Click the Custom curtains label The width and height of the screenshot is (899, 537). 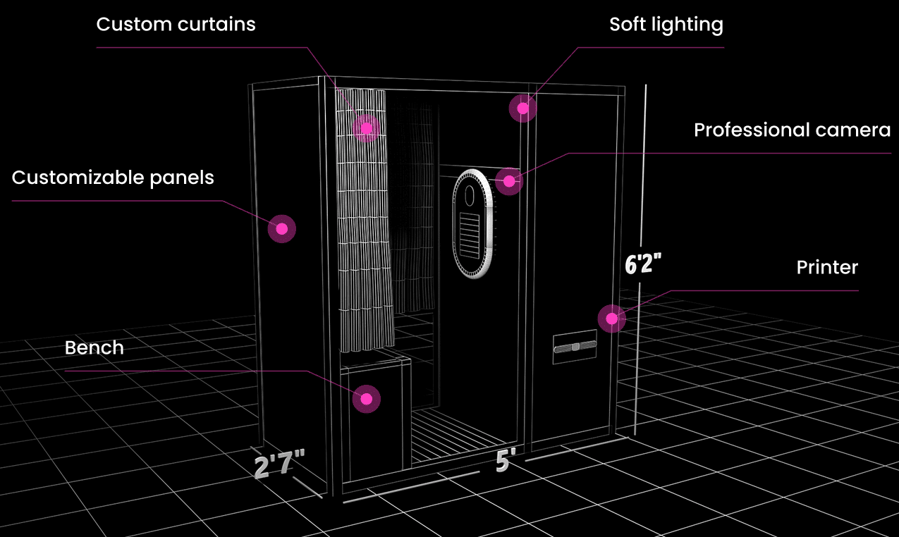176,25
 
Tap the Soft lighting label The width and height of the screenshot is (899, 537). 666,25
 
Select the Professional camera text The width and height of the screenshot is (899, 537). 792,130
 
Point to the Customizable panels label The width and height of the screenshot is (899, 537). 113,178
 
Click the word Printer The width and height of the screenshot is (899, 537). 827,268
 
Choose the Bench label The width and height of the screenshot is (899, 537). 94,348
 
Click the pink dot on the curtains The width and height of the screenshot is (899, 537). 366,128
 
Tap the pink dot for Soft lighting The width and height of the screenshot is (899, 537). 522,108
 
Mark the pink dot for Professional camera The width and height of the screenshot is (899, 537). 508,181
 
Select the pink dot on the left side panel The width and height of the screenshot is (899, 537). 282,228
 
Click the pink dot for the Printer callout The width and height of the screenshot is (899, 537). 611,319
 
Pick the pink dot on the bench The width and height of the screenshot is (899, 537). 366,399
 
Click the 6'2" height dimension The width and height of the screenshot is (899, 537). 642,264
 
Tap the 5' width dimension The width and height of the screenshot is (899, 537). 503,462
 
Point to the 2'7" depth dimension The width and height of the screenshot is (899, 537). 279,466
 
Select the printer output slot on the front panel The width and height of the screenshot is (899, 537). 575,346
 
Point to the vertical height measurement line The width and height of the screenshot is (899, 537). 640,352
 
